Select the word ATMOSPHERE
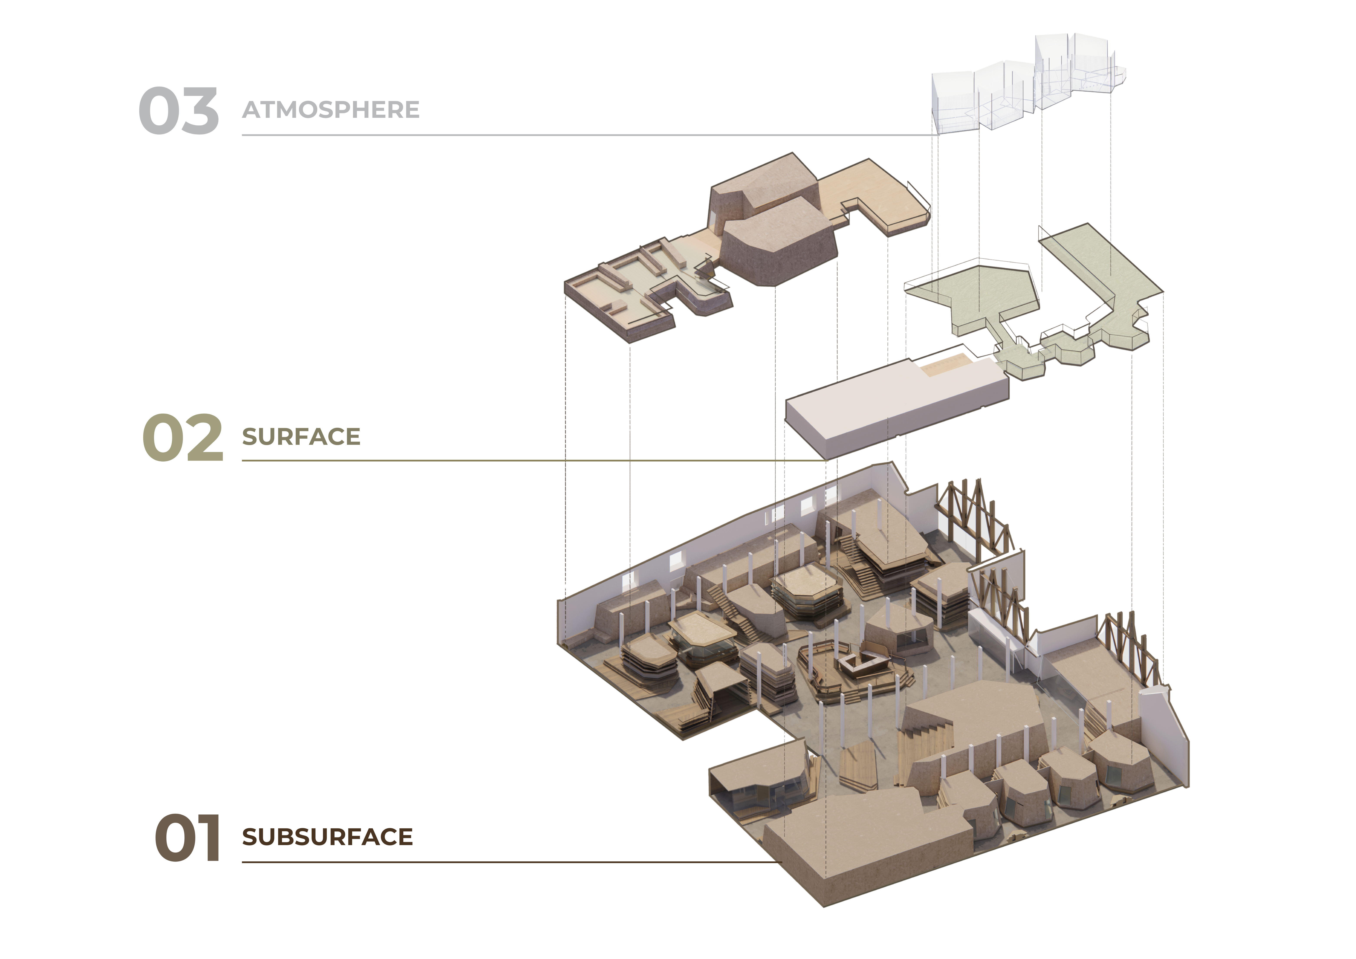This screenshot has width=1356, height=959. [331, 110]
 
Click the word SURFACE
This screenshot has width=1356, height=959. [301, 437]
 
